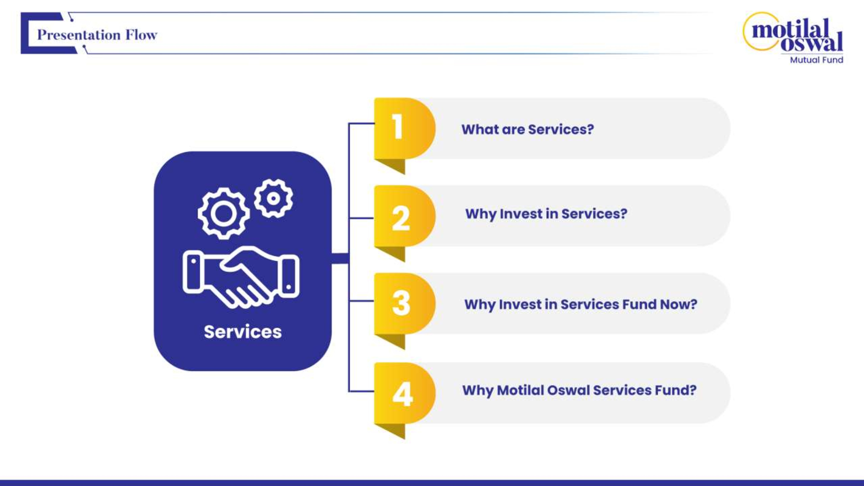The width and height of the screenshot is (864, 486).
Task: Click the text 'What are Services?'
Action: (x=527, y=129)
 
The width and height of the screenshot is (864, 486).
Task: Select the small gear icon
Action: (x=273, y=199)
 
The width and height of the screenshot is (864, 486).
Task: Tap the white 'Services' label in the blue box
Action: (x=243, y=332)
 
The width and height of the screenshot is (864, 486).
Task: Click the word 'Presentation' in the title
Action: (x=78, y=35)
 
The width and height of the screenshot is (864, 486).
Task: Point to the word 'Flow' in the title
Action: (x=141, y=35)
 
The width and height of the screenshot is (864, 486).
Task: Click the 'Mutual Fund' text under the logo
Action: (x=816, y=60)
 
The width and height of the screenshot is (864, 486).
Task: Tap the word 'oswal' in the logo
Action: (x=812, y=44)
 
